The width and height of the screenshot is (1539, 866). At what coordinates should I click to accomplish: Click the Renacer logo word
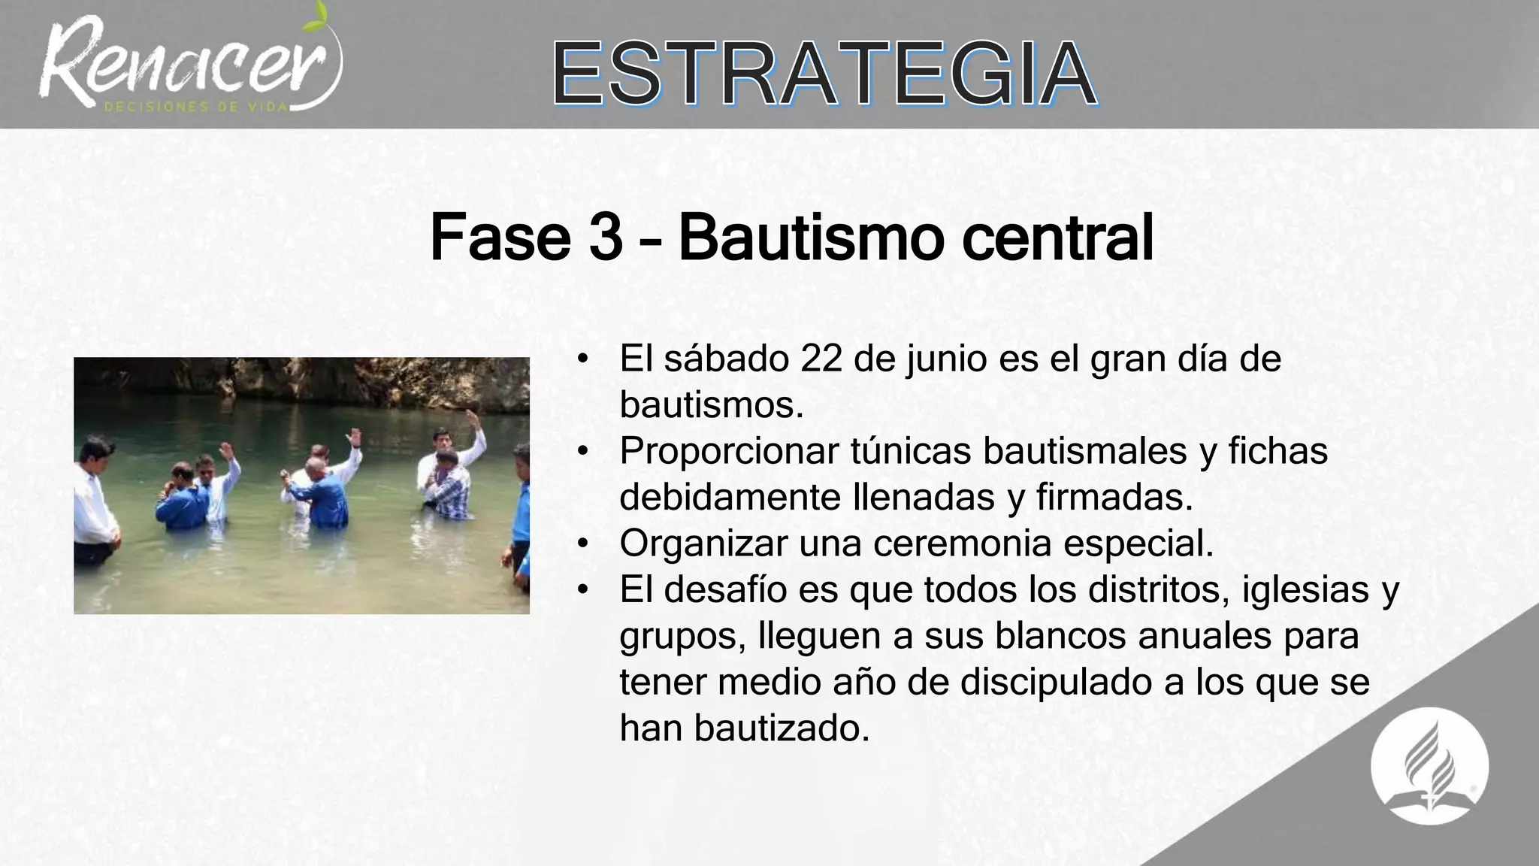pyautogui.click(x=188, y=64)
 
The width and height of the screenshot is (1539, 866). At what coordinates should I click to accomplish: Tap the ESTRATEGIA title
pyautogui.click(x=824, y=74)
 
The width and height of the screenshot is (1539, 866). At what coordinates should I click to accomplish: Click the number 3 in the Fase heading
pyautogui.click(x=606, y=238)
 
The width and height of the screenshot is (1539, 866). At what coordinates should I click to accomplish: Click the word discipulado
pyautogui.click(x=1065, y=683)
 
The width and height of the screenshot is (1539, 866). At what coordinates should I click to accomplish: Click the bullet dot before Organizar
pyautogui.click(x=582, y=544)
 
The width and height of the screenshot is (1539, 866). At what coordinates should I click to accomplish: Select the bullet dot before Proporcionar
pyautogui.click(x=582, y=452)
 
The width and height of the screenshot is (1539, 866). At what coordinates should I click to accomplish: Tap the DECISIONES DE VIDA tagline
pyautogui.click(x=196, y=107)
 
